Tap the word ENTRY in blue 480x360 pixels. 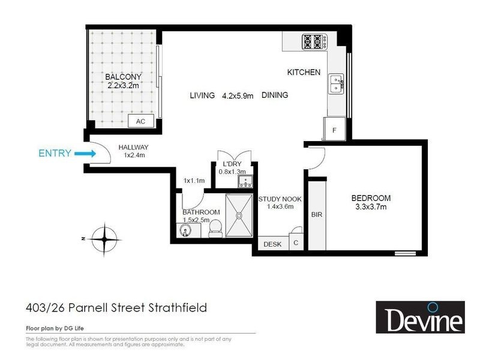55,154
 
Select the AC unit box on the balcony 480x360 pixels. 141,121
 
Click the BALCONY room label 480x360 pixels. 123,77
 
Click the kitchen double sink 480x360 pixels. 336,85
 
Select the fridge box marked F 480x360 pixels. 334,129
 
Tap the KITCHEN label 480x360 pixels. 304,73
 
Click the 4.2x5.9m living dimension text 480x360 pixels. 238,95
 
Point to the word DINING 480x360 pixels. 275,95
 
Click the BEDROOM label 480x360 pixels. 371,199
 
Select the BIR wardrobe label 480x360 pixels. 317,214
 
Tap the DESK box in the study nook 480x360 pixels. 272,244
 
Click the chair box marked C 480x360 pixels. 296,243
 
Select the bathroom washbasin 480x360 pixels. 184,230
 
